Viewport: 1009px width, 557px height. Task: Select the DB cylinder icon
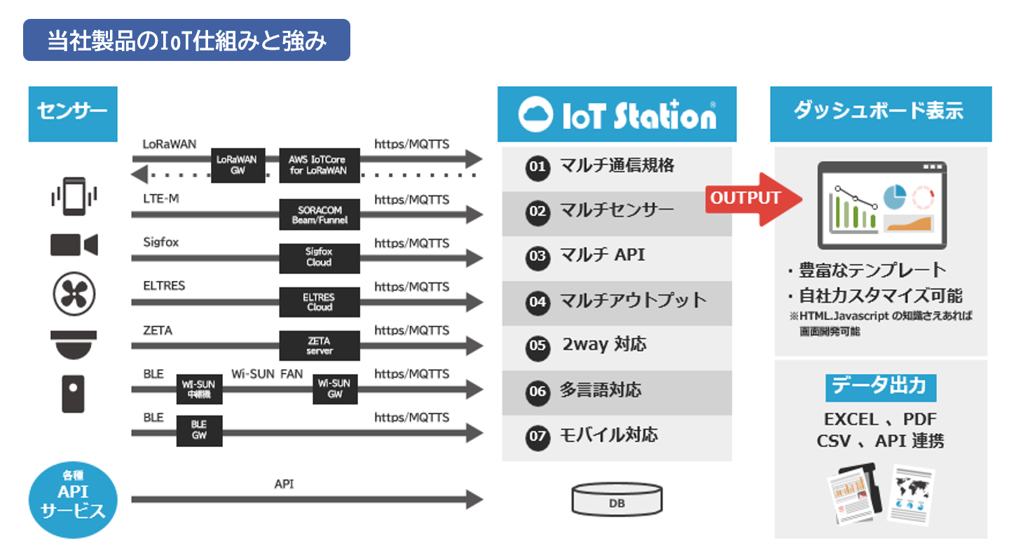click(617, 500)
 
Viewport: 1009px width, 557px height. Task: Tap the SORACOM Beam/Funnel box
click(320, 215)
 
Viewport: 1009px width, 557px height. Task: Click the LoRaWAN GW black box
click(238, 165)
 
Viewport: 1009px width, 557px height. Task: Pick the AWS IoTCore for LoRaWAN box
click(320, 165)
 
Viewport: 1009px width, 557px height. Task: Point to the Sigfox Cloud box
click(320, 258)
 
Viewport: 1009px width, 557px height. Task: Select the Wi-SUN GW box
click(335, 388)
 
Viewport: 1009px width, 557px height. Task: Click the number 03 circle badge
click(537, 256)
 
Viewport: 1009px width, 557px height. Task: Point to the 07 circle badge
click(537, 436)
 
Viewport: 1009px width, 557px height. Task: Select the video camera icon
click(74, 245)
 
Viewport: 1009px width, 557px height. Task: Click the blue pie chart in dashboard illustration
click(894, 197)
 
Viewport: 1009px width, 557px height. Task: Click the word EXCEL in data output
click(851, 420)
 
